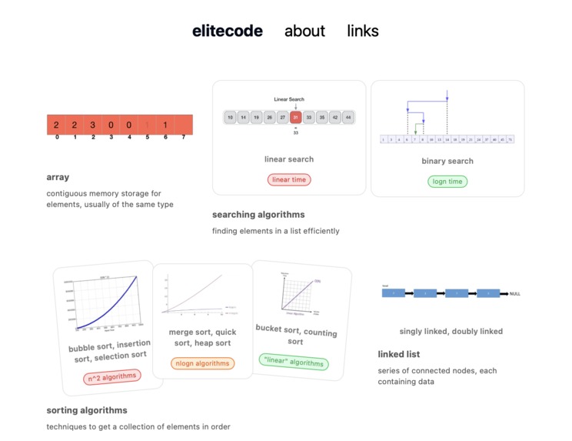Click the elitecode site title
(x=227, y=32)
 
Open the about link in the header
(x=304, y=32)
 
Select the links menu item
(x=362, y=32)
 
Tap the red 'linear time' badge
(x=289, y=179)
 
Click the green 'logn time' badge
(x=447, y=182)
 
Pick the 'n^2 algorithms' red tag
(x=112, y=376)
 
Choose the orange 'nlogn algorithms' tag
(x=202, y=362)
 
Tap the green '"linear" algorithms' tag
(x=294, y=362)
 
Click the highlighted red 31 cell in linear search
(x=296, y=118)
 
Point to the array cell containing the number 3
(x=92, y=125)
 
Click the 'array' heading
(x=58, y=177)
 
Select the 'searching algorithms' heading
(x=258, y=215)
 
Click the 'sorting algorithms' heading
(x=87, y=410)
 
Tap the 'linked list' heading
(x=398, y=355)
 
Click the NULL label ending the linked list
(x=515, y=294)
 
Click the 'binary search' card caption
(x=447, y=161)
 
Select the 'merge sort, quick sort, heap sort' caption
(x=202, y=338)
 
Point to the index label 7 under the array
(x=183, y=138)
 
